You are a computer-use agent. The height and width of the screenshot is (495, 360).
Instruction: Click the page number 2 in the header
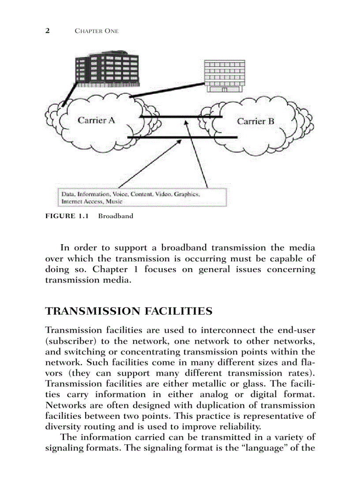tap(48, 30)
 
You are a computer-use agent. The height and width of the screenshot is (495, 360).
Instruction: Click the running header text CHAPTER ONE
tap(97, 31)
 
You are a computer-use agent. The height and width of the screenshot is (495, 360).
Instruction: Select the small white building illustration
tap(224, 76)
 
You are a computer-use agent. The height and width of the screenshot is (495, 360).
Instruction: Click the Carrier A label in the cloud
tap(96, 120)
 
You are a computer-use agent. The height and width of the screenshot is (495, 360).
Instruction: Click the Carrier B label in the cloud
tap(255, 121)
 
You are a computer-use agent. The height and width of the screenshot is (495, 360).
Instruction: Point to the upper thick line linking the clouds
tap(181, 117)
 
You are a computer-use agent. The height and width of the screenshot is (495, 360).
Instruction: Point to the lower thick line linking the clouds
tap(181, 138)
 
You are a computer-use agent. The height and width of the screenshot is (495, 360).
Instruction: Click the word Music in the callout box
tap(114, 201)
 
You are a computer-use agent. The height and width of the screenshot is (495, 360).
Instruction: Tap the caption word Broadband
tap(116, 216)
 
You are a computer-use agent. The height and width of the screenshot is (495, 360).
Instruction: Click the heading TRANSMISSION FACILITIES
tap(129, 312)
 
